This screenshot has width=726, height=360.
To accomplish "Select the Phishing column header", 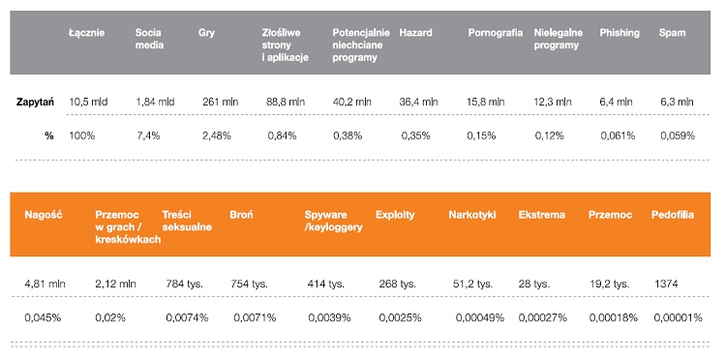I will pos(620,33).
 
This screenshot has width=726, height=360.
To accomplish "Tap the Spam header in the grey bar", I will pos(672,33).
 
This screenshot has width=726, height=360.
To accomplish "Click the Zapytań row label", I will pos(35,102).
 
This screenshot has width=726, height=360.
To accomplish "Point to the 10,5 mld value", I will pos(89,102).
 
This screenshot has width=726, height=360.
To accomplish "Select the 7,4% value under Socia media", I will pos(148,136).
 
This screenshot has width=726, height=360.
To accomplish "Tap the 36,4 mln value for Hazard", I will pos(418,102).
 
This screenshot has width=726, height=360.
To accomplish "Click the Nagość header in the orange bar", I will pos(44,214).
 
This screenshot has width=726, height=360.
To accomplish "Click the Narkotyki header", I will pos(472,214).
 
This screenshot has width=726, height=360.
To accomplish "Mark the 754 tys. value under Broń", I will pos(251,284).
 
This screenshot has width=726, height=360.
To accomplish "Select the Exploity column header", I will pos(397,214).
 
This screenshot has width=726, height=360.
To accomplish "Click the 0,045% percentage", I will pos(43,317).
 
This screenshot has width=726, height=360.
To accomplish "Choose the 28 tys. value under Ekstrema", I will pos(534,284).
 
